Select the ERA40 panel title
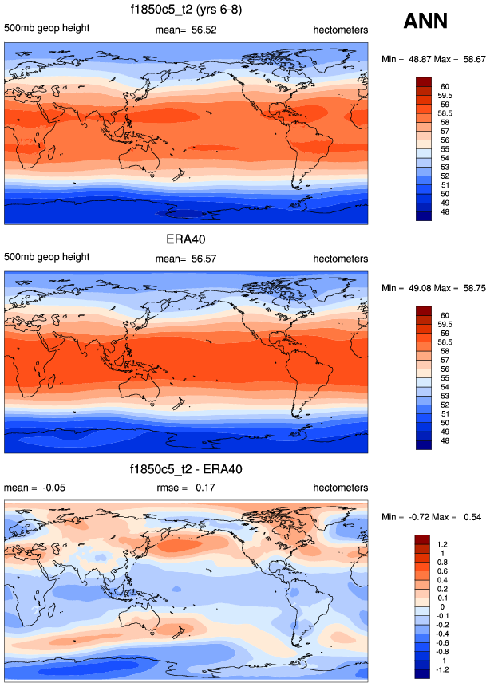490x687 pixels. [186, 239]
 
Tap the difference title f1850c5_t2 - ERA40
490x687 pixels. [186, 468]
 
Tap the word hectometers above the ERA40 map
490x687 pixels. [340, 259]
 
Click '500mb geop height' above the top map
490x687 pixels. [46, 30]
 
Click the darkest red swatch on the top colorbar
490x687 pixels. [424, 81]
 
